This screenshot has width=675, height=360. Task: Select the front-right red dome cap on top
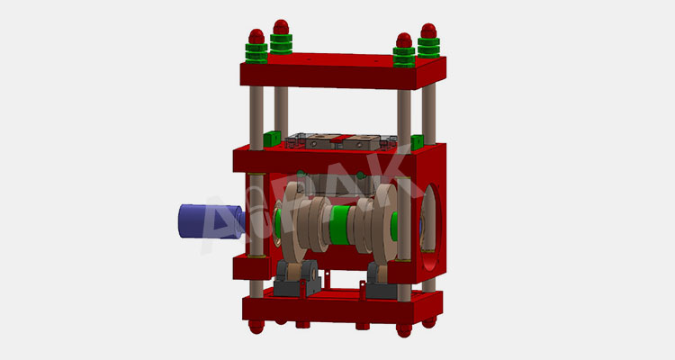404,41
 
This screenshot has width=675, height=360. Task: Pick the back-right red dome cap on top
428,30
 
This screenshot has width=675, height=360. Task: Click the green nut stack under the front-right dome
404,58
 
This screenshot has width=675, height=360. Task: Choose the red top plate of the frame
342,72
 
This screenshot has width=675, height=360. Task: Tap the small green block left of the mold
270,139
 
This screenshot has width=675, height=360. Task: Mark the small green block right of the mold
417,141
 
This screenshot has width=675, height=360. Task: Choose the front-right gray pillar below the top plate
404,117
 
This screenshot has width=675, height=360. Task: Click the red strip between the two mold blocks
343,140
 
